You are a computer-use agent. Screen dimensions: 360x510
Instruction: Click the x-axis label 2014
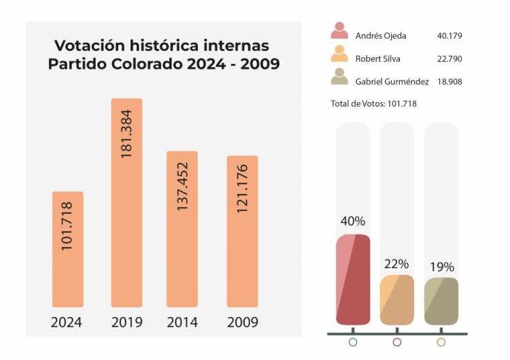pos(182,322)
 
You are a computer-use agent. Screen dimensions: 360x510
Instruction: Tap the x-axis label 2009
pos(242,322)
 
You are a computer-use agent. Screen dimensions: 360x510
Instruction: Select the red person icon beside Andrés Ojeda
pos(340,31)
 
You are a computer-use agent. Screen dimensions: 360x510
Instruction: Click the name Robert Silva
pos(378,59)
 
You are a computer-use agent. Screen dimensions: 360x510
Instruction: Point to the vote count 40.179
pos(449,35)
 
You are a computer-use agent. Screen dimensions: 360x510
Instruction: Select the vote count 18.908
pos(449,82)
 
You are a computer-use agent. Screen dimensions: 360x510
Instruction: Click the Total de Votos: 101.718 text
pos(373,103)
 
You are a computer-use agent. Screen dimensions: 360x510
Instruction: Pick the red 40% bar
pos(353,279)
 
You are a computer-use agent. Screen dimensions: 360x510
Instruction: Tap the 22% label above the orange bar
pos(396,264)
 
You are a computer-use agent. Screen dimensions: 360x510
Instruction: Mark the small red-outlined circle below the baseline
pos(397,342)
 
